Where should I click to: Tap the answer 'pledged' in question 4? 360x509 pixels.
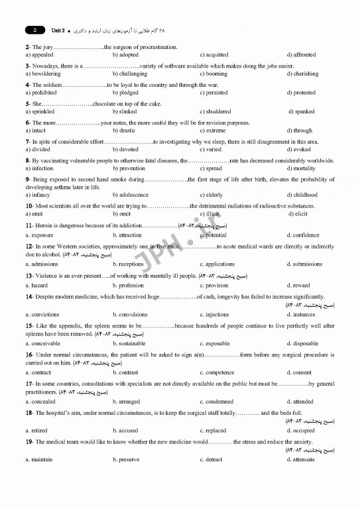click(129, 93)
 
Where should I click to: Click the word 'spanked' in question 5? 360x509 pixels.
click(304, 112)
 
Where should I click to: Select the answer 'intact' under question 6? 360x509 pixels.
click(38, 131)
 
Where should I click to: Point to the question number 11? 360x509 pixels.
click(29, 226)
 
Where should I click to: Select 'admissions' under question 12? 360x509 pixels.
click(44, 264)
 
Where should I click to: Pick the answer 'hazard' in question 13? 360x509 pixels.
click(39, 285)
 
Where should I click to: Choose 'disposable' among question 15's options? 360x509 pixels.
click(306, 344)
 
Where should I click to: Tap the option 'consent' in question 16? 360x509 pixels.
click(302, 372)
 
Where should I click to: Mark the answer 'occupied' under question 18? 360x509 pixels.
click(304, 430)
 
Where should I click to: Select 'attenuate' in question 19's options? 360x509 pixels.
click(304, 459)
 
